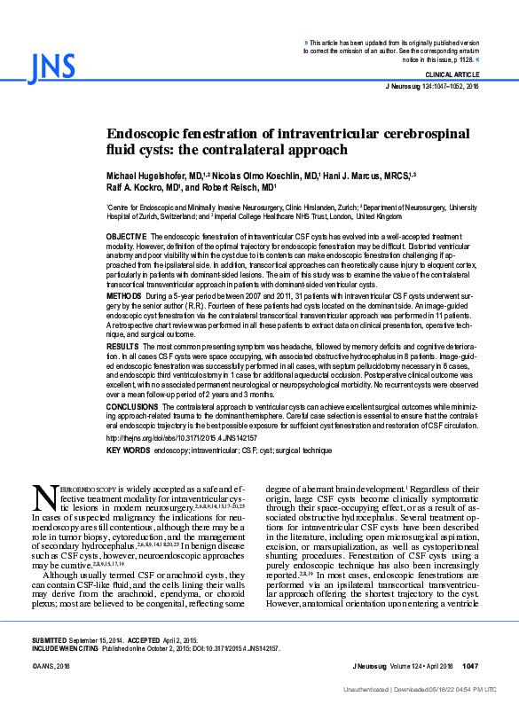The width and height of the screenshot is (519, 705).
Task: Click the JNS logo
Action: click(46, 67)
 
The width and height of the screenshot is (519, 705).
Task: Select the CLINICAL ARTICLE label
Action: click(452, 75)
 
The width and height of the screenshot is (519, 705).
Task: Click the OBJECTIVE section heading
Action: click(127, 237)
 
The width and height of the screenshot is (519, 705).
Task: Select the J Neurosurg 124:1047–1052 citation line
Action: click(432, 87)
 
